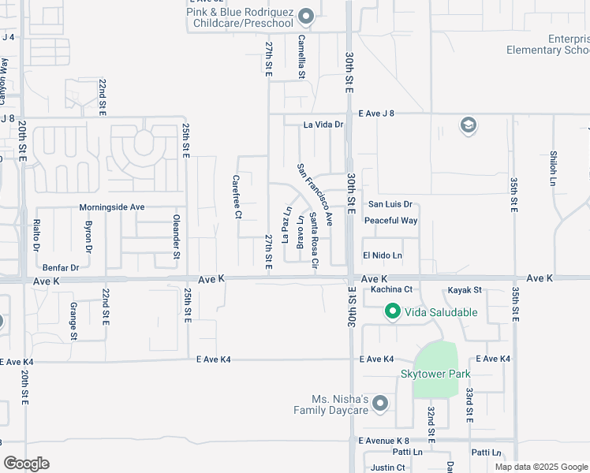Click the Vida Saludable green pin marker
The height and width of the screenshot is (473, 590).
point(392,312)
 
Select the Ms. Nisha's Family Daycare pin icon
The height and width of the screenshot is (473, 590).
point(380,404)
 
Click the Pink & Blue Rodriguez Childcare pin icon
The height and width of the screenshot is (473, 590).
point(307,17)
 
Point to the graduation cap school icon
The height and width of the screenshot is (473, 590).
point(468,125)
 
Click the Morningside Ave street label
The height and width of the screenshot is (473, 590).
point(112,207)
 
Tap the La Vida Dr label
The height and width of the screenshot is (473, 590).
point(324,125)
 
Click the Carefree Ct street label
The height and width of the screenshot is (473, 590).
point(237,197)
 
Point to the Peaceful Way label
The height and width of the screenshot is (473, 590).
point(390,221)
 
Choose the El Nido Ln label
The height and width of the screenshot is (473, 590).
point(383,255)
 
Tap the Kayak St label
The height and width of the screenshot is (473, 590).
point(465,290)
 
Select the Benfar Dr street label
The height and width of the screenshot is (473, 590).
point(61,268)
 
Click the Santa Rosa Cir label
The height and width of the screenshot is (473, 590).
point(314,240)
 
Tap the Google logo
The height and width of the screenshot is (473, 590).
point(26,464)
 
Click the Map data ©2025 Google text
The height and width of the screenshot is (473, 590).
point(541,467)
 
